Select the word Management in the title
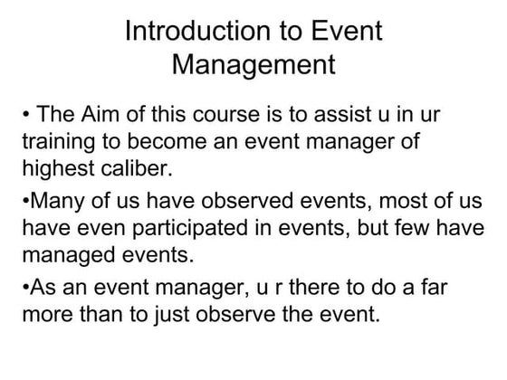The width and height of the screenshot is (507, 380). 253,66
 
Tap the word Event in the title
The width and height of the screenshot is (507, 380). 341,32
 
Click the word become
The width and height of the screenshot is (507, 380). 158,144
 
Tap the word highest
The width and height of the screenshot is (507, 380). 56,169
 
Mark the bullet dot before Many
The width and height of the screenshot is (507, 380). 25,202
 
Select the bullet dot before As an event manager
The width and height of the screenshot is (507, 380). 25,290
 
